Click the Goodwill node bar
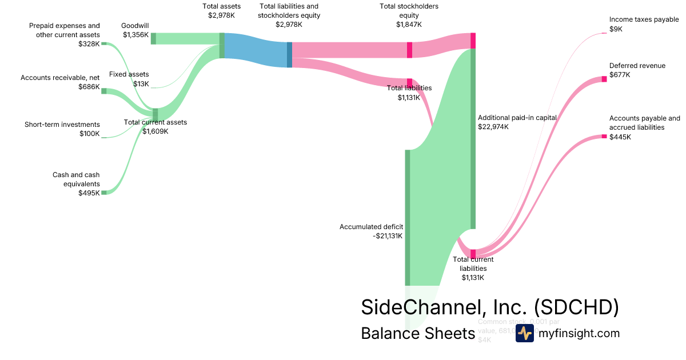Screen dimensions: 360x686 coord(153,38)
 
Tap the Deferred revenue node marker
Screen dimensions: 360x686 coord(604,79)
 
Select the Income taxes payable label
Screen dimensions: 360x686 coord(644,19)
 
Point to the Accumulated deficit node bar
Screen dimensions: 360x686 coord(408,217)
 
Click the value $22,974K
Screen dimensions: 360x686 coord(493,127)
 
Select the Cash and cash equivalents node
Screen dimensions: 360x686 coord(104,193)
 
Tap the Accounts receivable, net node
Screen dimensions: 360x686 coord(104,90)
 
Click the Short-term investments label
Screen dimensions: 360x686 coord(62,125)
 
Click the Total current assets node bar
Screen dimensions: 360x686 coord(155,114)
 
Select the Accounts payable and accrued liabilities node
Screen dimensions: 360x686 coord(604,136)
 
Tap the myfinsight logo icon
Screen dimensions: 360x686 coord(524,333)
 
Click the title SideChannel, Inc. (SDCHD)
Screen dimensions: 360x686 coord(490,307)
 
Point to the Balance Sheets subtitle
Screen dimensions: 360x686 coord(418,333)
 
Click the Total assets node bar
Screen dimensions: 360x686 coord(222,46)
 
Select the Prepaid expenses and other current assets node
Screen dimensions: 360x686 coord(104,43)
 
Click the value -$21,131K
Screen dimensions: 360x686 coord(387,235)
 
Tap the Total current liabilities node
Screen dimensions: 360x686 coord(473,254)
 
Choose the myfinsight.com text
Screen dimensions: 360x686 coord(579,333)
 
